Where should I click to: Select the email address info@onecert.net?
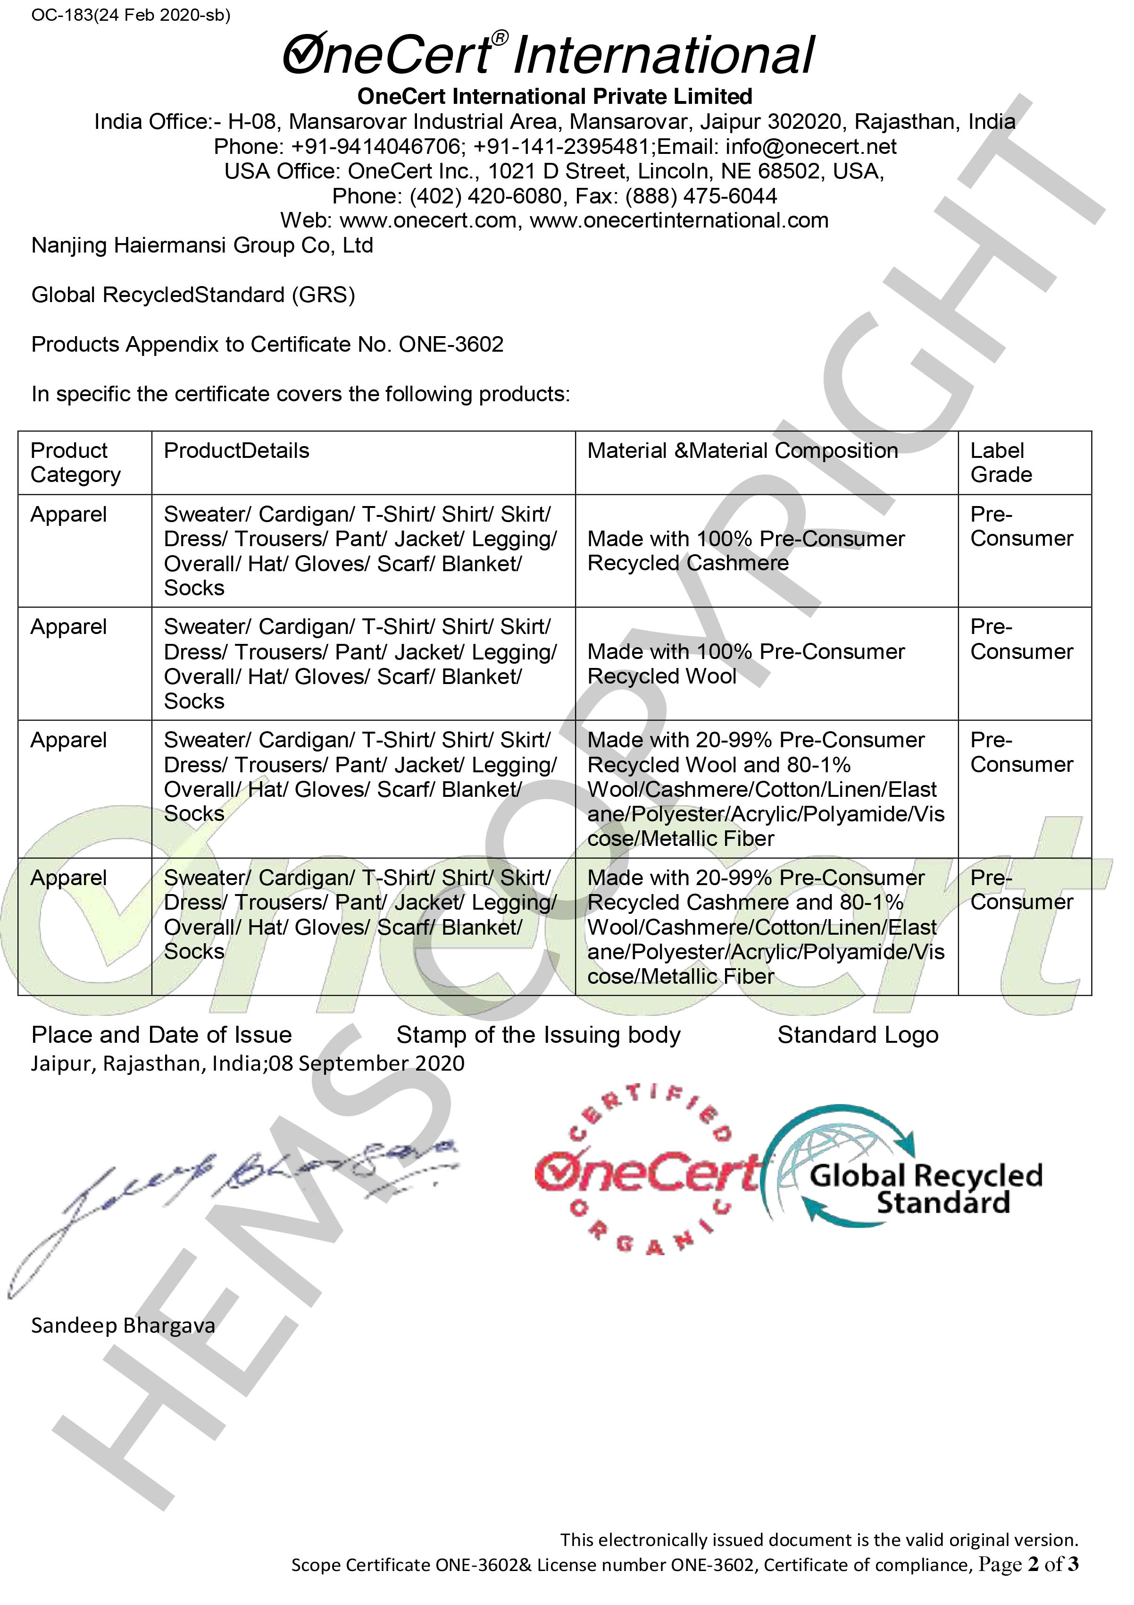point(810,147)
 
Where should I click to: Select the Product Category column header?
point(75,463)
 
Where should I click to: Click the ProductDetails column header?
point(236,451)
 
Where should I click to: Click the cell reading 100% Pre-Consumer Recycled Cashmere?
point(745,551)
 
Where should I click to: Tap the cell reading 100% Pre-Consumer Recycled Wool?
point(745,664)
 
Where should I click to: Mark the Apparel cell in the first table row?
point(68,515)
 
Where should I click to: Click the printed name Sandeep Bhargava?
point(123,1326)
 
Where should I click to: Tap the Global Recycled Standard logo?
point(909,1171)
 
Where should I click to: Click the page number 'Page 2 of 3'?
point(1028,1564)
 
